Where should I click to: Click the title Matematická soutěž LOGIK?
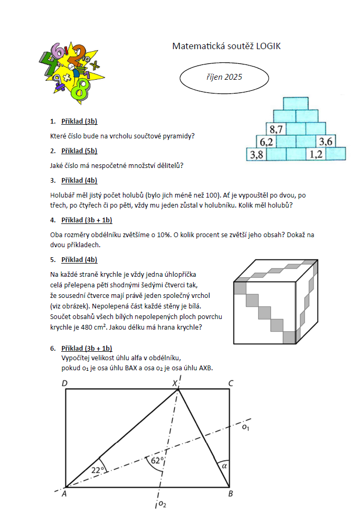pyautogui.click(x=226, y=46)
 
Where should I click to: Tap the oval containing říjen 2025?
pyautogui.click(x=224, y=77)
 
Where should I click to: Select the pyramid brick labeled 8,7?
pyautogui.click(x=276, y=128)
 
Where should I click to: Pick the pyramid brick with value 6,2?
pyautogui.click(x=266, y=142)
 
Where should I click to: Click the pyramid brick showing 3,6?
pyautogui.click(x=325, y=142)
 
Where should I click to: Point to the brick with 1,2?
pyautogui.click(x=316, y=154)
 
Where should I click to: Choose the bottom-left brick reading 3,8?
pyautogui.click(x=257, y=154)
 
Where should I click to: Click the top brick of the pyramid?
pyautogui.click(x=295, y=103)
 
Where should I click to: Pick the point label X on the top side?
pyautogui.click(x=174, y=383)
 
